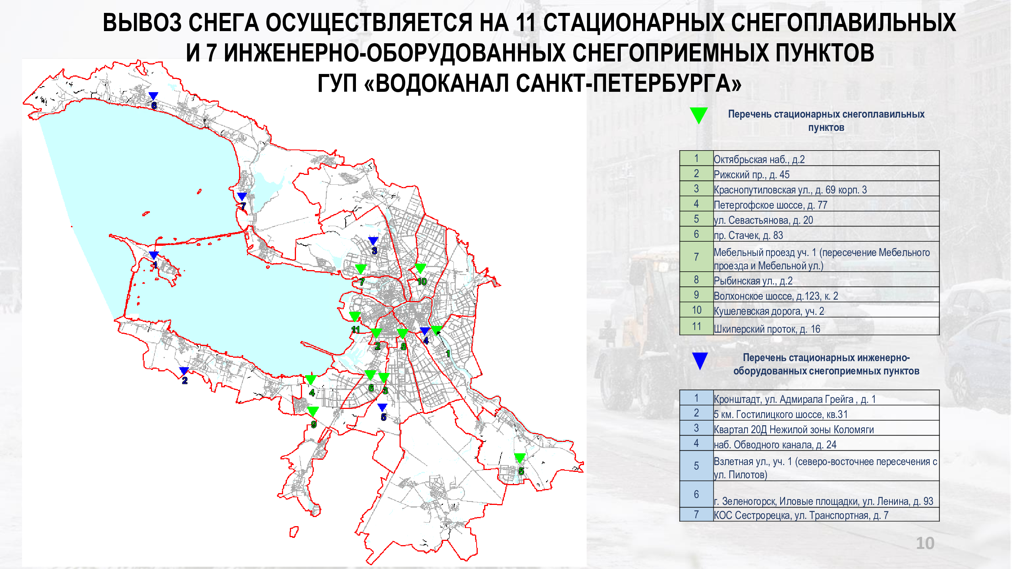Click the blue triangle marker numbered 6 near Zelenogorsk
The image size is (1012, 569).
(153, 96)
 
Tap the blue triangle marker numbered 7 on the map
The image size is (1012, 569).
(242, 196)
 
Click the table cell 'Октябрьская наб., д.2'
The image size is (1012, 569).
(826, 158)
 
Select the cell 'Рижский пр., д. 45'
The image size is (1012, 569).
(826, 174)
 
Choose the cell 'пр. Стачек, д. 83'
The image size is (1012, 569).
(826, 234)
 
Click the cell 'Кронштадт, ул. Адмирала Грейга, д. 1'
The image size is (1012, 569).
(826, 398)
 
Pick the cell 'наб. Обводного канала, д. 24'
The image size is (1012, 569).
(826, 443)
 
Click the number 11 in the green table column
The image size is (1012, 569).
(697, 326)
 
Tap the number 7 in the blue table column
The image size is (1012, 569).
(696, 514)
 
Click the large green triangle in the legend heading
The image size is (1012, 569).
(699, 115)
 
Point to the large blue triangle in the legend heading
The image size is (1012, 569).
(700, 360)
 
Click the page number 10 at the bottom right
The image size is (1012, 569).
(925, 544)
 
